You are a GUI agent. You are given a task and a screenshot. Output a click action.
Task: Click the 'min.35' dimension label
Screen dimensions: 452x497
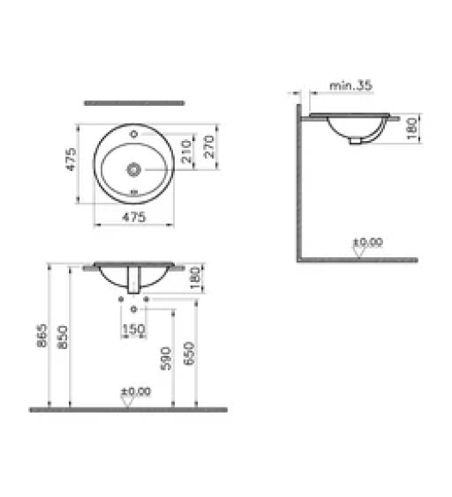[x=350, y=85]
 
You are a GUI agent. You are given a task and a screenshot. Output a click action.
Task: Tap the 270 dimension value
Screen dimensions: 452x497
[x=210, y=146]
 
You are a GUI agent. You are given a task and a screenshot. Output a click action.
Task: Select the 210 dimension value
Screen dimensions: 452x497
[x=187, y=151]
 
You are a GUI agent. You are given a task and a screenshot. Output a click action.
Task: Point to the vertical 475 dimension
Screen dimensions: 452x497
[x=71, y=159]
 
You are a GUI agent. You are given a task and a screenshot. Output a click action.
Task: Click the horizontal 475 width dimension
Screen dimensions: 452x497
[x=134, y=218]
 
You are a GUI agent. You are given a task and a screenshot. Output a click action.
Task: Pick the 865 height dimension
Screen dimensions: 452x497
[x=42, y=335]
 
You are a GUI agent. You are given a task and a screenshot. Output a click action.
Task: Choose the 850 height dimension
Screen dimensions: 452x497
[x=63, y=336]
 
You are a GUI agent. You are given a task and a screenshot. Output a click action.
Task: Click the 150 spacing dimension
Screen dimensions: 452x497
[x=133, y=329]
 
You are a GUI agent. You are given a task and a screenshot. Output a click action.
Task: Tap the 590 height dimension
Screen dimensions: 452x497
[x=166, y=359]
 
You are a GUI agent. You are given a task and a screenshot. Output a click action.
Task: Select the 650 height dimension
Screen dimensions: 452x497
[x=189, y=353]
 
